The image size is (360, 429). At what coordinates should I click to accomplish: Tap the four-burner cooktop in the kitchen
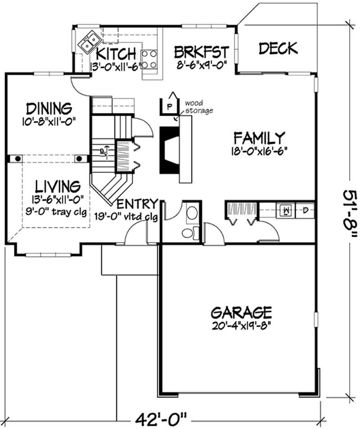tap(149, 59)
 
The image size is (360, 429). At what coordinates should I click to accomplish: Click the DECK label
tap(278, 48)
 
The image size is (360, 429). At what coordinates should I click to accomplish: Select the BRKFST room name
tap(201, 52)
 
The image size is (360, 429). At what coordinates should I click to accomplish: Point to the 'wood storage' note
tap(199, 107)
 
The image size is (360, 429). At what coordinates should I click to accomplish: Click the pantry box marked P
tap(169, 106)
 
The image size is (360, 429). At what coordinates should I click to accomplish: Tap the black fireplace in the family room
tap(169, 149)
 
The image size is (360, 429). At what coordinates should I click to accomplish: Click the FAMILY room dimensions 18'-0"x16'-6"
tap(259, 151)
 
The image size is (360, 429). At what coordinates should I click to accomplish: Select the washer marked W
tap(285, 210)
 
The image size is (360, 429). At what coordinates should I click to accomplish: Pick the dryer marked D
tap(305, 210)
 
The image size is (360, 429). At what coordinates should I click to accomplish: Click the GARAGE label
tap(242, 312)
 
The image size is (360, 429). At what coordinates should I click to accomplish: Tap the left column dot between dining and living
tap(18, 158)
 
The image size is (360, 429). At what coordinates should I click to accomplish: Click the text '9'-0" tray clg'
tap(56, 212)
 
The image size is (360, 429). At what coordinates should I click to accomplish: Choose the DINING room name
tap(49, 108)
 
